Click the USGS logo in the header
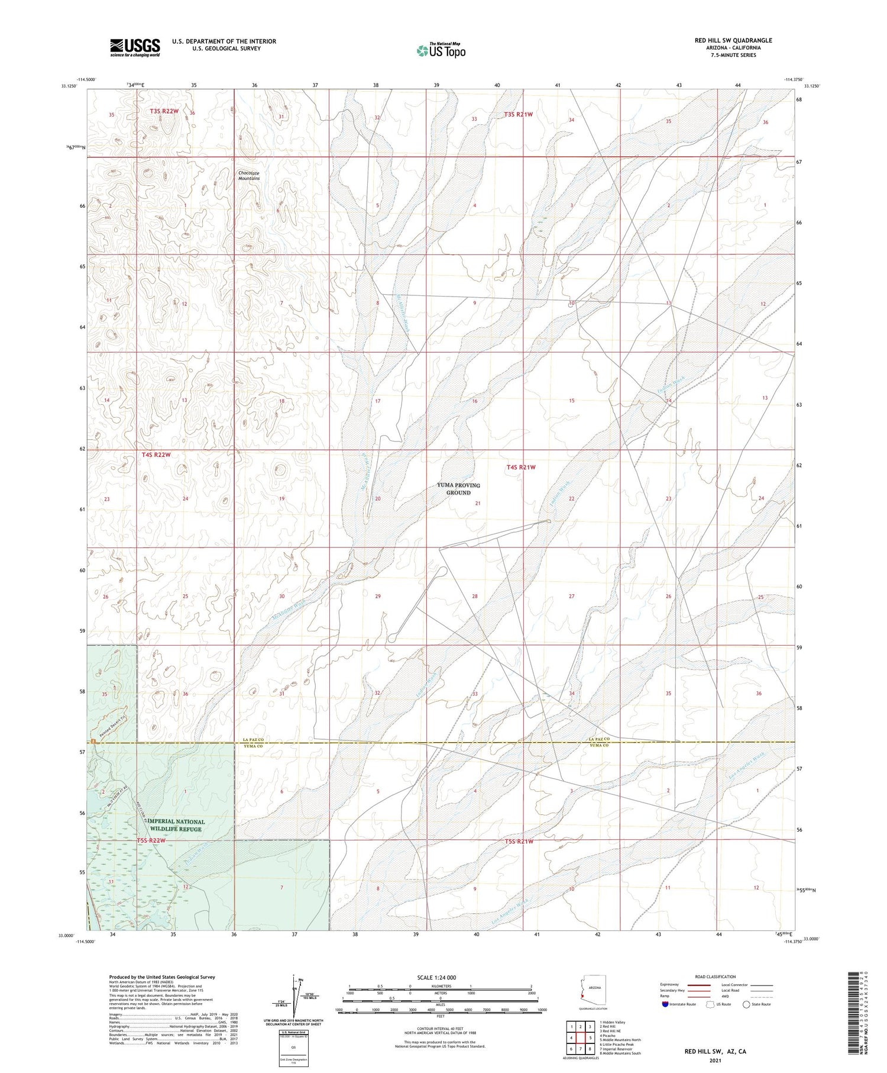click(135, 47)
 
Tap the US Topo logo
click(441, 51)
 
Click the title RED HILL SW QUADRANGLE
click(733, 41)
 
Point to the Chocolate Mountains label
click(249, 176)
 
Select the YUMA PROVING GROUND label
click(458, 489)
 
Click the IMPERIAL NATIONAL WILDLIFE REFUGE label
click(176, 825)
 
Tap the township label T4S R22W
click(156, 455)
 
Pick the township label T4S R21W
click(521, 468)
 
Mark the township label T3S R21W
click(518, 114)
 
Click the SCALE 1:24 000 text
click(436, 977)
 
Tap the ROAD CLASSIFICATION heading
click(716, 977)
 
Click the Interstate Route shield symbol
click(666, 1004)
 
